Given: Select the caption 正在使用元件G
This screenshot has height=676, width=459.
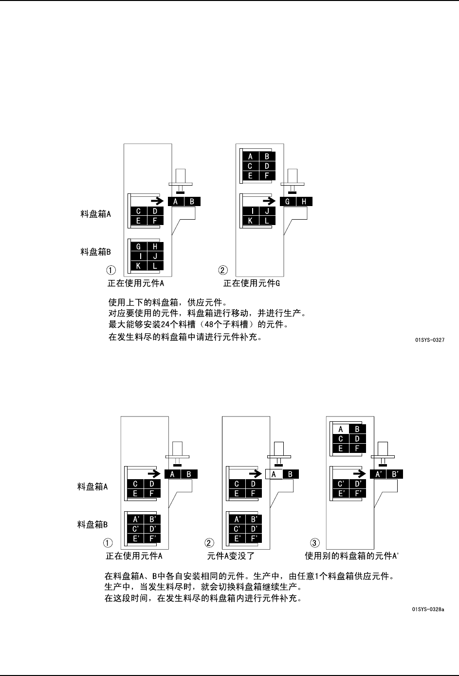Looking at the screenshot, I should pos(251,283).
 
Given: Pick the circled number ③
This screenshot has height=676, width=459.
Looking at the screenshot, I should pos(315,542).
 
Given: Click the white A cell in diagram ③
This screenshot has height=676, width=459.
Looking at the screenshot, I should pos(341,429).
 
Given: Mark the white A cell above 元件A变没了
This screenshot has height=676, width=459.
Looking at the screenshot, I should pos(274,474).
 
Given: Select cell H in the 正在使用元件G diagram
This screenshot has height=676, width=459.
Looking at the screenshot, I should pos(304,202).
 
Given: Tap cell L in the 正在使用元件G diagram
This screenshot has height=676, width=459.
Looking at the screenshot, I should pos(267,221).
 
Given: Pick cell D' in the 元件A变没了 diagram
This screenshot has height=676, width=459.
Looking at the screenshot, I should pos(253,528).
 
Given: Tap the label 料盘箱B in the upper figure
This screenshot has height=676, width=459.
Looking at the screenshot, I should pos(96,252).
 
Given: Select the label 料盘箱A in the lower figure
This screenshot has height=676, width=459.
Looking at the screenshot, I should pos(92,486).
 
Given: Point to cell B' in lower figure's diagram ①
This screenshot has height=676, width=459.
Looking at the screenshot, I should pos(152,519).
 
